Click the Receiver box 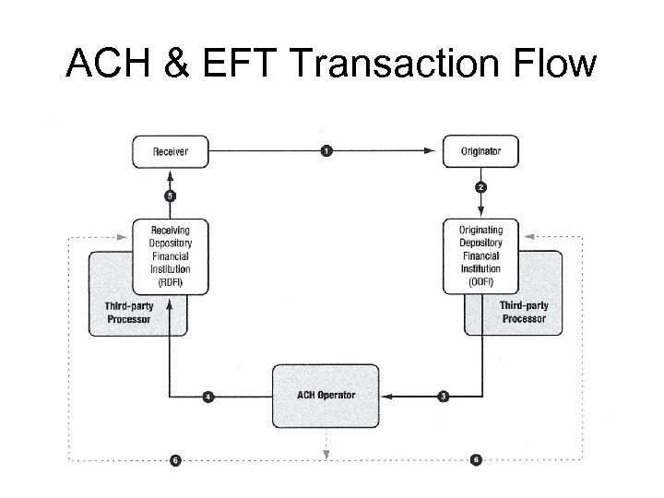[171, 151]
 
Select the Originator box [480, 151]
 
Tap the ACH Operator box [326, 396]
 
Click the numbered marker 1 [326, 151]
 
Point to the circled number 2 [481, 187]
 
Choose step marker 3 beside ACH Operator [444, 397]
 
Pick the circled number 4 [207, 397]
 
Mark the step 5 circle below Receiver [171, 196]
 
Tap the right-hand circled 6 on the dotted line [476, 458]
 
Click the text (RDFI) [171, 281]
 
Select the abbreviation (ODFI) [480, 281]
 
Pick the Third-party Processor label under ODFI [524, 312]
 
